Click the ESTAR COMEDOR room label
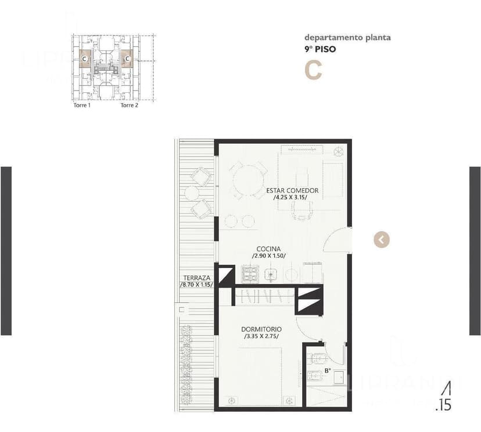[292, 190]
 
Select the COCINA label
[268, 249]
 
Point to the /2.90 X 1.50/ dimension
[268, 256]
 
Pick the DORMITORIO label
[260, 329]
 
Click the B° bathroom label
[328, 370]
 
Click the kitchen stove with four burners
[250, 273]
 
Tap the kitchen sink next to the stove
[271, 273]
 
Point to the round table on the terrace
[192, 193]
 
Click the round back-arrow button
[382, 239]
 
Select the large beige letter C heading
[313, 70]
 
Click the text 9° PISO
[320, 49]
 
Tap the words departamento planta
[347, 38]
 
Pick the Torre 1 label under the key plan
[81, 106]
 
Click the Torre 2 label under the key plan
[129, 106]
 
